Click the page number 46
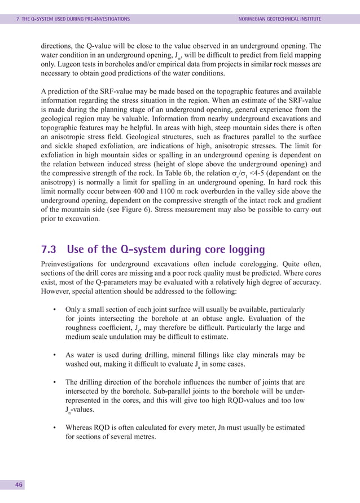[x=19, y=484]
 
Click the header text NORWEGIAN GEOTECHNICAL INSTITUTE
[x=280, y=19]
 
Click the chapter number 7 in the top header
[x=17, y=19]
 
